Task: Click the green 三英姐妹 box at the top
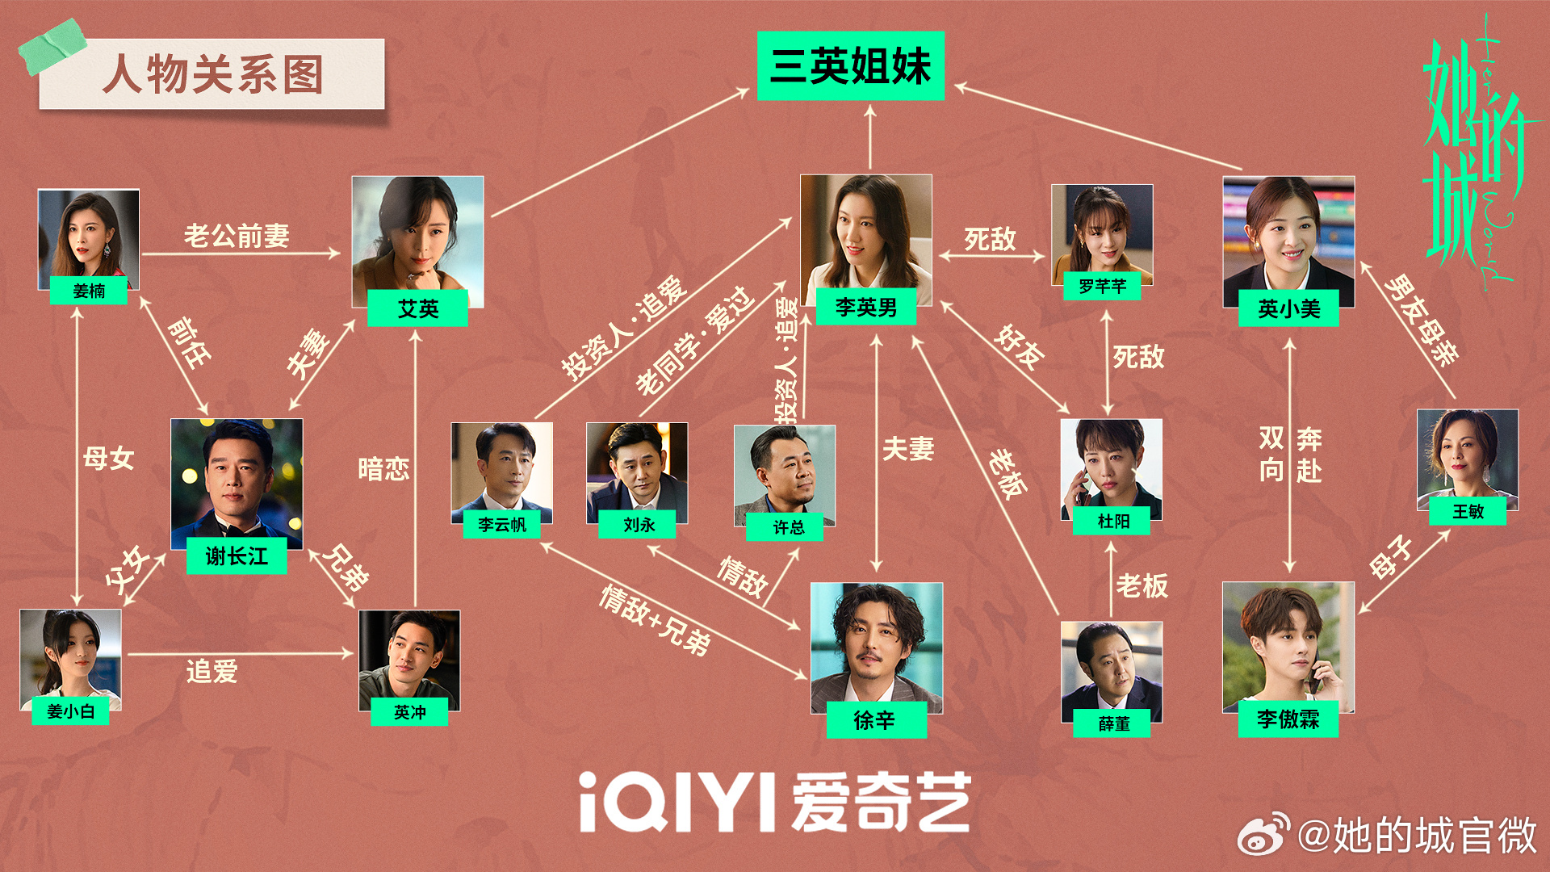(850, 66)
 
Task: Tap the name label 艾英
(417, 308)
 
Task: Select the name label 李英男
(865, 307)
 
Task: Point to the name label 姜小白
(70, 711)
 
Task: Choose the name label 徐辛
(876, 719)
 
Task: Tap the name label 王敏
(1467, 511)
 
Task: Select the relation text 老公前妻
(237, 236)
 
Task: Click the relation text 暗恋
(383, 469)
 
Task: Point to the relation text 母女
(108, 459)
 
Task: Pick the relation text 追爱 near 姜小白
(212, 671)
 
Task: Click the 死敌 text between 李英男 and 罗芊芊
(990, 239)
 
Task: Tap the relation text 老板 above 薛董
(1142, 585)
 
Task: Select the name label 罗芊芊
(1102, 286)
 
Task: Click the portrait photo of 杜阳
(1111, 468)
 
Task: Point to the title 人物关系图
(212, 74)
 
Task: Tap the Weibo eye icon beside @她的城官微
(1264, 835)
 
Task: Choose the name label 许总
(788, 527)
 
